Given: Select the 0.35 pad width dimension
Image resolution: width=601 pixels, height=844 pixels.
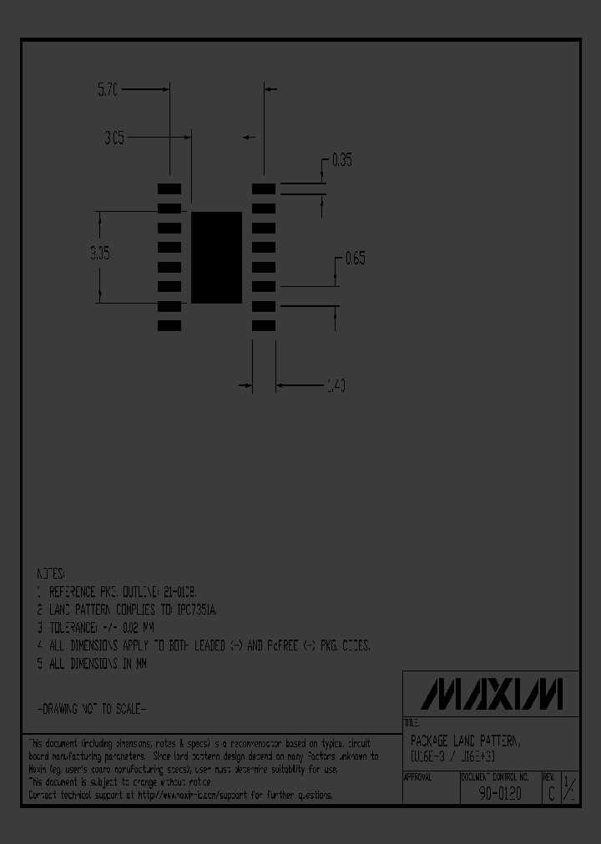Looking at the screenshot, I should click(341, 160).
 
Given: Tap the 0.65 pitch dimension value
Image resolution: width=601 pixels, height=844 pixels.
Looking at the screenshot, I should click(355, 259).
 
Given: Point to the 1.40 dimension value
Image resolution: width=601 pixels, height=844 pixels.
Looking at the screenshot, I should click(335, 385).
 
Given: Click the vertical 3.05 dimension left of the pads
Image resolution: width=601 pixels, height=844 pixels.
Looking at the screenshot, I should click(100, 254).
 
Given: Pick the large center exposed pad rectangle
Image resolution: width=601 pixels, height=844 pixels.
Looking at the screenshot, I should click(216, 257).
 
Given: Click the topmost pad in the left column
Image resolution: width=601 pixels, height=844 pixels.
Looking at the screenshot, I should click(169, 189).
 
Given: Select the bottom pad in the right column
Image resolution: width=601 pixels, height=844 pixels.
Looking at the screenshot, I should click(264, 326).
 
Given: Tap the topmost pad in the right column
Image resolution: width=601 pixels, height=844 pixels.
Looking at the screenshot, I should click(264, 189).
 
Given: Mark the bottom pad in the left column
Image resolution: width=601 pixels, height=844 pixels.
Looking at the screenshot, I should click(169, 326).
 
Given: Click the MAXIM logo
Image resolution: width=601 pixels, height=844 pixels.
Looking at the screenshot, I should click(492, 694).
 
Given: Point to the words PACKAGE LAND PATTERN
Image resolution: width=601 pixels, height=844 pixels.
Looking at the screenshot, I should click(465, 741).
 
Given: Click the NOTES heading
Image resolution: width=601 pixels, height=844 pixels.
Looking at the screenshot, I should click(50, 575).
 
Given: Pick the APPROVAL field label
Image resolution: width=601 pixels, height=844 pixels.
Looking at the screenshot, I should click(418, 776).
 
